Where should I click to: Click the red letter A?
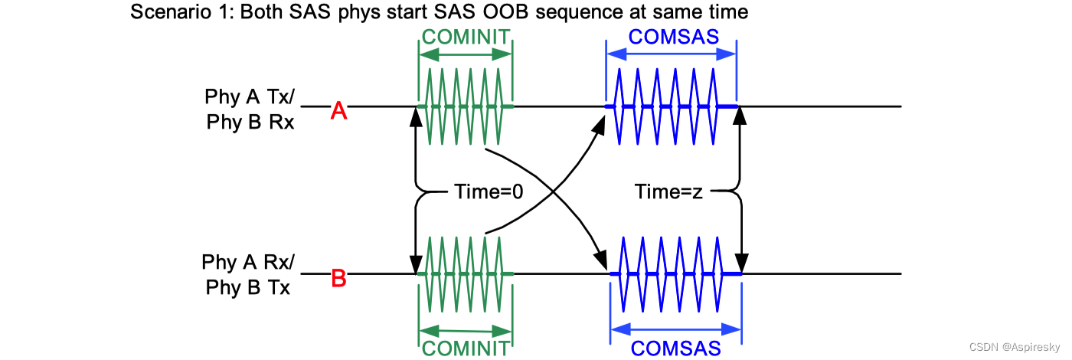click(339, 112)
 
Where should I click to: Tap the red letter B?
click(338, 278)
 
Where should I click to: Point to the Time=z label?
click(668, 192)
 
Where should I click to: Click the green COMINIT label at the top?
click(466, 37)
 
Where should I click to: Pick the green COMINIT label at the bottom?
click(466, 349)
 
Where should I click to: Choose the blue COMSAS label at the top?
click(671, 37)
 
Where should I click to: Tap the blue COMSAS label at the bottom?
click(676, 349)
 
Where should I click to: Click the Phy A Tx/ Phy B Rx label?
click(250, 110)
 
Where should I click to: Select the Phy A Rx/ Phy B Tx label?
click(248, 275)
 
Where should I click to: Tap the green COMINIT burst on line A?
click(466, 106)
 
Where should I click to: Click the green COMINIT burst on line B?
click(466, 273)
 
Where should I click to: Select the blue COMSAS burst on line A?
click(671, 106)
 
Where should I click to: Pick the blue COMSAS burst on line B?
click(676, 273)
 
